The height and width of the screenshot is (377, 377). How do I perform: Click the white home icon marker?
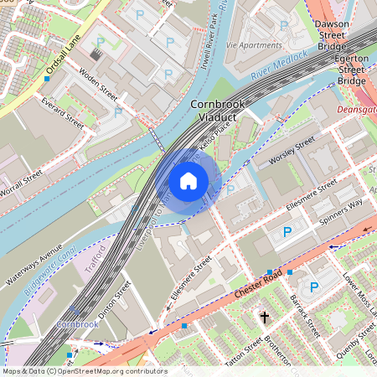pos(188,180)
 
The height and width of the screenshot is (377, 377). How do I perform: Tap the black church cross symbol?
pos(265,318)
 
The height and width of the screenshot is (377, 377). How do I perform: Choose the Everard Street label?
pos(63,111)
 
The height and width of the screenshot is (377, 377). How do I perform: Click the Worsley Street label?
pos(291,150)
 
